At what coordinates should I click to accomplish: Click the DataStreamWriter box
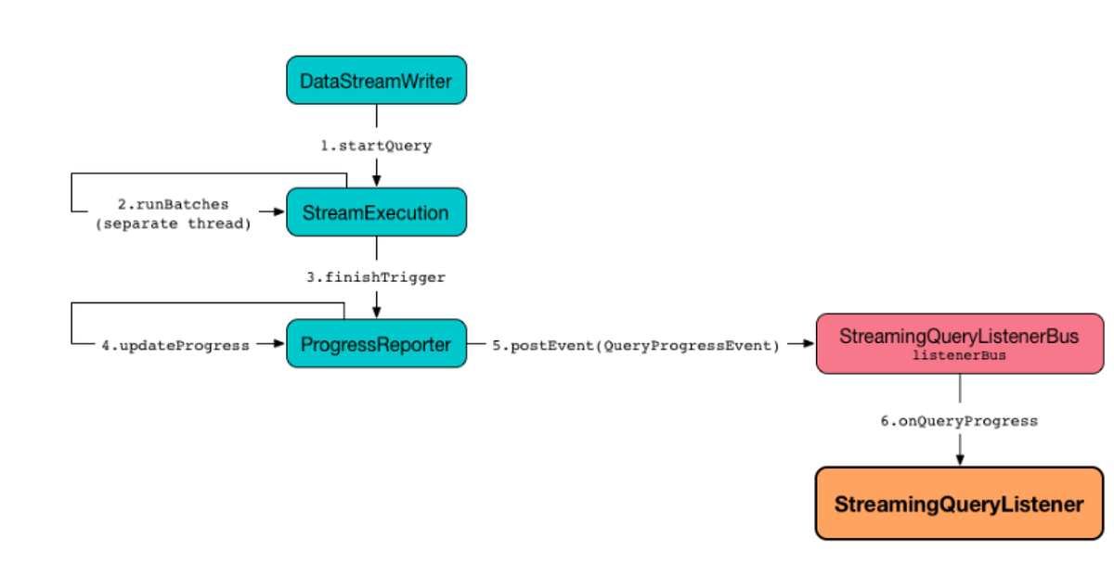pos(376,81)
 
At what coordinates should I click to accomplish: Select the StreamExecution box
pos(376,212)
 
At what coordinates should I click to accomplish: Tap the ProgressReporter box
pos(376,345)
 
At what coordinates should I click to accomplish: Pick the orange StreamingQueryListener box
pos(959,504)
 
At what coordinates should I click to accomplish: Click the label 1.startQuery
pos(376,146)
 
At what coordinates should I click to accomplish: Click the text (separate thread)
pos(173,223)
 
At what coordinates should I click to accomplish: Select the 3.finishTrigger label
pos(376,277)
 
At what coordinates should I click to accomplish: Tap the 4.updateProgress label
pos(175,345)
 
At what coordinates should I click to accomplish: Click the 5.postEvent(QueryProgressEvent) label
pos(635,345)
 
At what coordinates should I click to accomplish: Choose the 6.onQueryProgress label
pos(959,421)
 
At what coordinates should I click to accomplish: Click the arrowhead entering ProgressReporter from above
pos(376,312)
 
